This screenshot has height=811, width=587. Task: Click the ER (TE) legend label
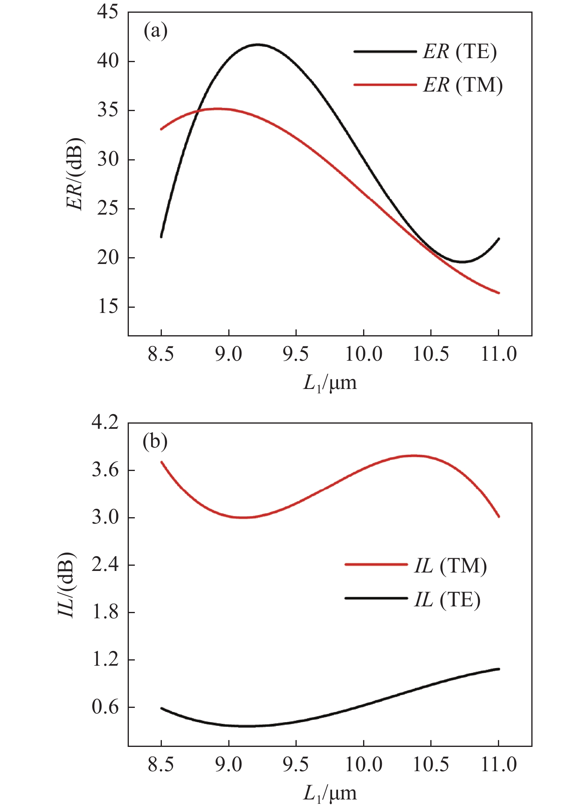tap(459, 52)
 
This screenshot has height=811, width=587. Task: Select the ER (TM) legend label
tap(463, 85)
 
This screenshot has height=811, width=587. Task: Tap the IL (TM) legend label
tap(450, 566)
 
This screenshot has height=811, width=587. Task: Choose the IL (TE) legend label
tap(447, 600)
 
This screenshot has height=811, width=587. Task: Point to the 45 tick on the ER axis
tap(107, 12)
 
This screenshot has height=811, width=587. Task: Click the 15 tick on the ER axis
tap(107, 307)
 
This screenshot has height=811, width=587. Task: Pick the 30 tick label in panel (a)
tap(107, 160)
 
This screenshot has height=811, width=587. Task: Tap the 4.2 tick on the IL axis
tap(105, 422)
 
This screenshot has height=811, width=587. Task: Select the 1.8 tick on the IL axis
tap(105, 612)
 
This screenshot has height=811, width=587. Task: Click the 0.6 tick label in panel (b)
tap(105, 707)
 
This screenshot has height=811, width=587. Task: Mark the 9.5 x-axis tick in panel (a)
tap(296, 354)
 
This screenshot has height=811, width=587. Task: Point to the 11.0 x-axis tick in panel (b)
tap(499, 764)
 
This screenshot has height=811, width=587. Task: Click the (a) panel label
tap(155, 31)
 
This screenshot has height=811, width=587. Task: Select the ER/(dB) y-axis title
tap(75, 174)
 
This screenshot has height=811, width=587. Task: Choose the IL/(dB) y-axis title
tap(66, 584)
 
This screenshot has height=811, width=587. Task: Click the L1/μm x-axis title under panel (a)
tap(330, 383)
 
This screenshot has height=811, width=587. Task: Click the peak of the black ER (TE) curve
tap(259, 45)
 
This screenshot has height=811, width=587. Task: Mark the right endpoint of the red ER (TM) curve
tap(499, 293)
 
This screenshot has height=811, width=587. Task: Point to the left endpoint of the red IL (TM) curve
tap(161, 462)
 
